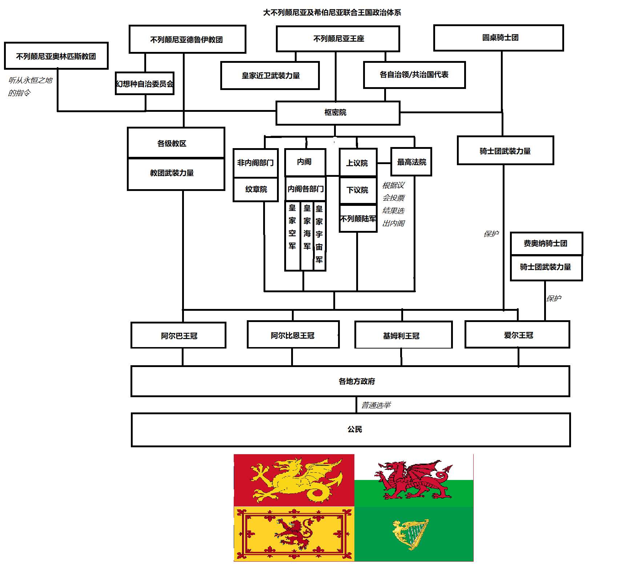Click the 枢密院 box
coord(338,113)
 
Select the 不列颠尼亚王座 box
coord(338,39)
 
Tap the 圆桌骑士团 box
coord(498,38)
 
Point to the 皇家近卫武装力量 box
coord(270,76)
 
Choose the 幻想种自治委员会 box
coord(145,84)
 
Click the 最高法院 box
coord(411,162)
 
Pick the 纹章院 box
coord(256,189)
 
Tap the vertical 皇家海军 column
coord(307,236)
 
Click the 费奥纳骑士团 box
coord(546,244)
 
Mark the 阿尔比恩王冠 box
coord(293,335)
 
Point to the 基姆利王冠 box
coord(403,335)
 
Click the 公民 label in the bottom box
coord(355,429)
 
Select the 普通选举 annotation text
coord(376,405)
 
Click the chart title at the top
coord(332,13)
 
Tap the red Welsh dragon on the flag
coord(413,480)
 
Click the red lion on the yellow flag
coord(294,533)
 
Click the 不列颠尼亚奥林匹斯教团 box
coord(56,56)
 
